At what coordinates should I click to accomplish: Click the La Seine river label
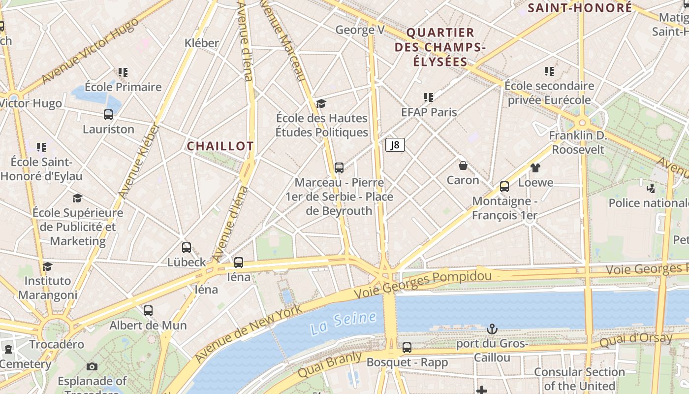point(343,322)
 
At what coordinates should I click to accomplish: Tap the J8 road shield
point(395,145)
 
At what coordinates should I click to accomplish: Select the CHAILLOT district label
point(220,146)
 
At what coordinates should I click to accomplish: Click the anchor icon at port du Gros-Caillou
point(492,328)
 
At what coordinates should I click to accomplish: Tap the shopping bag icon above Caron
point(463,165)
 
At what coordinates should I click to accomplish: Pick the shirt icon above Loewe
point(535,168)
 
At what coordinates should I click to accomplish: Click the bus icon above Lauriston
point(108,115)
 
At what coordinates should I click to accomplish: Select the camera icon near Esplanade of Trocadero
point(92,366)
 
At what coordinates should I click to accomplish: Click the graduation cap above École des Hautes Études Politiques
point(321,103)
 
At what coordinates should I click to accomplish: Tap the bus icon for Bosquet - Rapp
point(407,348)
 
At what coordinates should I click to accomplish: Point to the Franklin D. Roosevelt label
point(577,142)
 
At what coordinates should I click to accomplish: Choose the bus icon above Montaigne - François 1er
point(504,187)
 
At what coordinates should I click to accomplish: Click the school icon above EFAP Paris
point(429,98)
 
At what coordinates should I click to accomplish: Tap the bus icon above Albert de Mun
point(148,311)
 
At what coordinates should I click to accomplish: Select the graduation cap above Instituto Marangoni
point(47,266)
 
